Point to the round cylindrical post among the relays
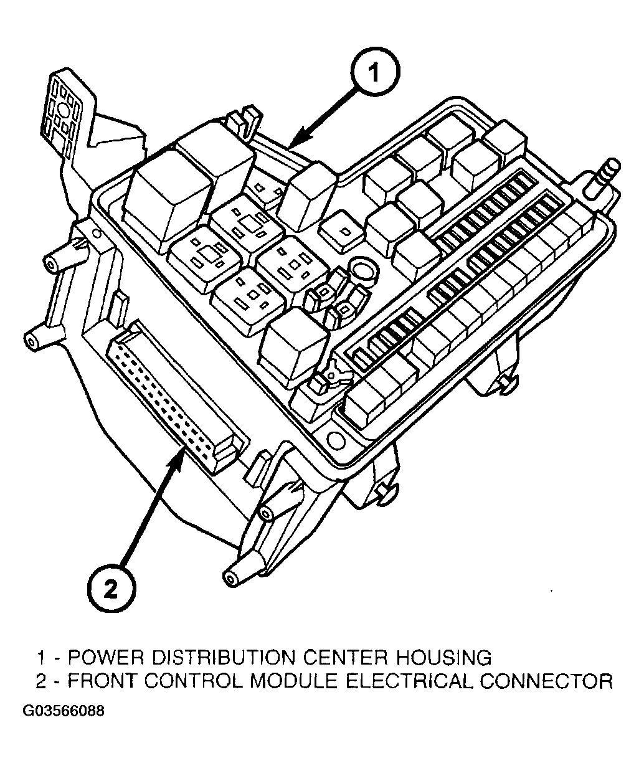(362, 272)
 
